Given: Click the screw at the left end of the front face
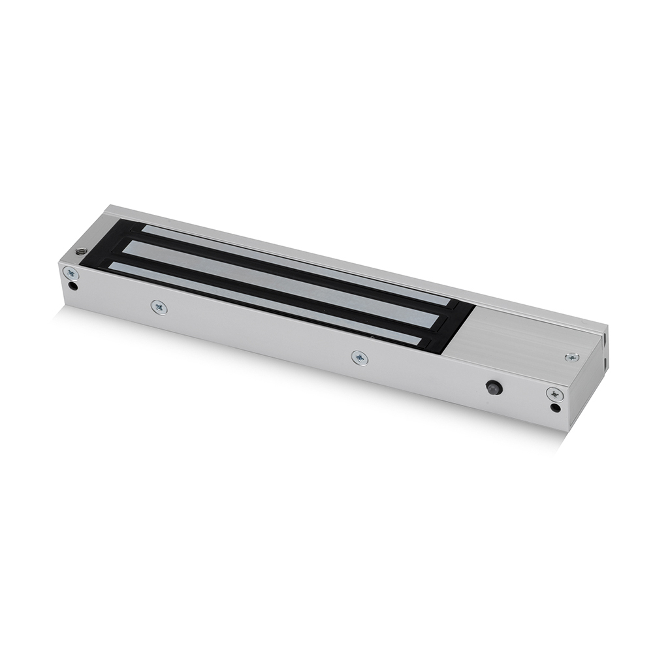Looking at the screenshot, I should point(70,274).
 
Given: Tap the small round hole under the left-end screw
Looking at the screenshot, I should point(73,285).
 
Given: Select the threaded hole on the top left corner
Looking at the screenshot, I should point(81,251).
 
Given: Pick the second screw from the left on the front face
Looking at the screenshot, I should point(158,306).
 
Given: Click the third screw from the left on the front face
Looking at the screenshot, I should point(358,357).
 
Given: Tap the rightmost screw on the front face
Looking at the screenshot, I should point(554,394).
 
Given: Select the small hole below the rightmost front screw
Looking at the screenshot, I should point(555,408).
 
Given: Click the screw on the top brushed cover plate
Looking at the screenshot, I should point(571,357).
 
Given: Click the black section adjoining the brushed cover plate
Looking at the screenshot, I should point(457,326).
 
